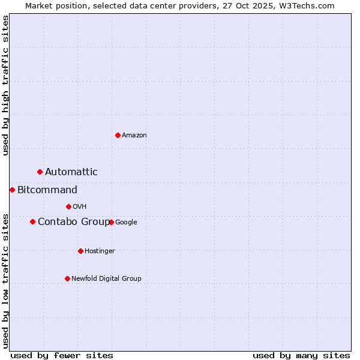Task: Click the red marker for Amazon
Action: click(x=118, y=135)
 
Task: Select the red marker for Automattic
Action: click(x=40, y=172)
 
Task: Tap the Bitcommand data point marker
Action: click(x=12, y=190)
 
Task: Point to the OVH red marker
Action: click(x=68, y=207)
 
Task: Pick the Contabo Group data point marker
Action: click(x=32, y=222)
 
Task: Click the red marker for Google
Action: click(x=111, y=222)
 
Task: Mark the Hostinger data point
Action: click(x=80, y=251)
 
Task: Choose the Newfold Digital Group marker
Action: click(x=67, y=278)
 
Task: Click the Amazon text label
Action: click(x=134, y=136)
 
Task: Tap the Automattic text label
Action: click(x=71, y=172)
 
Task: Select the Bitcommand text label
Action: click(x=47, y=190)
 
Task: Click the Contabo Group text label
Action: click(x=74, y=222)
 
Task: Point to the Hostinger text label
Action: click(x=100, y=251)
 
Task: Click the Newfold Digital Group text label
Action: click(x=106, y=278)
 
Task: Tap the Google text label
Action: click(x=126, y=222)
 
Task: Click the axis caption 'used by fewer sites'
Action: click(x=62, y=355)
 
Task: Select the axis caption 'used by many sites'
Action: click(x=301, y=355)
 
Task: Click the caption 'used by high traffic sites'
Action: click(x=5, y=85)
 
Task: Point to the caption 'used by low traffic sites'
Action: click(x=5, y=280)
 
